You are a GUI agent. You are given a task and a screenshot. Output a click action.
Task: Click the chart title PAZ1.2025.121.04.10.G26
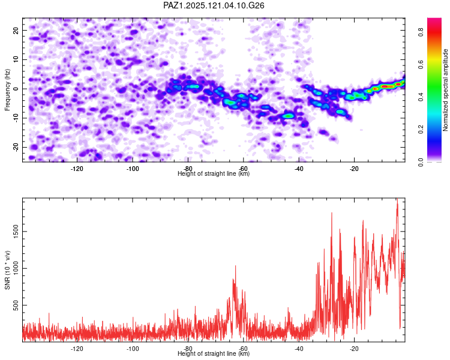click(214, 5)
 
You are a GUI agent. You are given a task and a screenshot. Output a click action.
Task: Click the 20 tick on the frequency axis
click(17, 30)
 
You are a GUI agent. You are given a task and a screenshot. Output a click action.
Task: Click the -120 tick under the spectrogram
click(77, 169)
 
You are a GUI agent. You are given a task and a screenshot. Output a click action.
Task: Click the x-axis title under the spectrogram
click(214, 174)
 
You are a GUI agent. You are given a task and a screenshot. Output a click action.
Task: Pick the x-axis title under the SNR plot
click(214, 354)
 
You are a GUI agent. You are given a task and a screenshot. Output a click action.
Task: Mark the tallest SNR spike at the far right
click(397, 200)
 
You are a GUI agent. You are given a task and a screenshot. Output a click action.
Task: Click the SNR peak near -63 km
click(235, 266)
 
